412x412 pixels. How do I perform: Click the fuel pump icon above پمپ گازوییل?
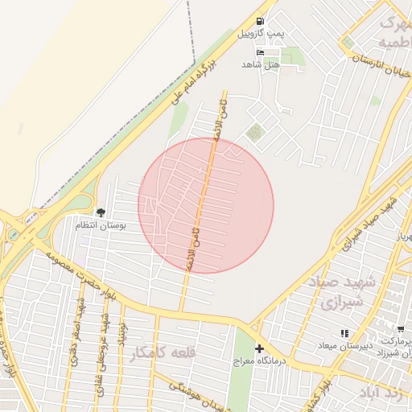coord(260,22)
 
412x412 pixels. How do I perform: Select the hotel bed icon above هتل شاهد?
coord(259,51)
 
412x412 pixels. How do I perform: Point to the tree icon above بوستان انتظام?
coord(101,212)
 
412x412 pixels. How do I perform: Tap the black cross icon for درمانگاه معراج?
coord(259,348)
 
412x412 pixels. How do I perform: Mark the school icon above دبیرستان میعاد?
coord(344,333)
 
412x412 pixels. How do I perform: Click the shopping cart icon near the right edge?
coord(401,329)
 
